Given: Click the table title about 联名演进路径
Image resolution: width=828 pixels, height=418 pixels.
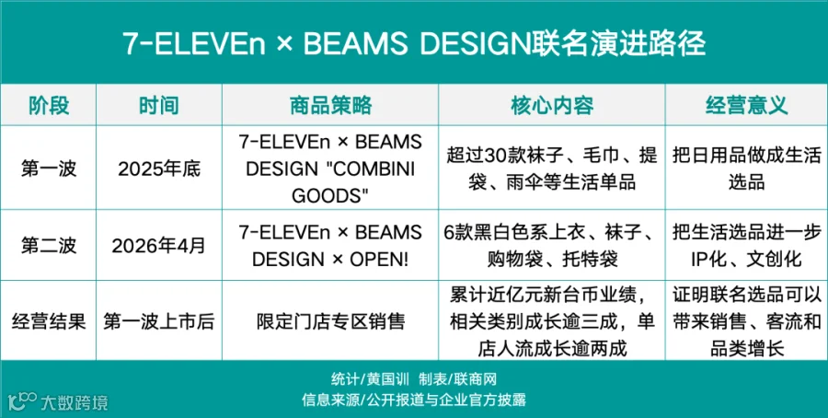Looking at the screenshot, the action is pyautogui.click(x=414, y=44).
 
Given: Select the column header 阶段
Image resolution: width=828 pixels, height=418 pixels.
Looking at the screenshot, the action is pyautogui.click(x=48, y=106).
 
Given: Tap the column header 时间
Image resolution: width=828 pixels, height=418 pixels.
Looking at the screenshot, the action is pyautogui.click(x=159, y=106).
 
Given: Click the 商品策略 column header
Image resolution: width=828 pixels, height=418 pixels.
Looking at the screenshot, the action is pyautogui.click(x=330, y=106).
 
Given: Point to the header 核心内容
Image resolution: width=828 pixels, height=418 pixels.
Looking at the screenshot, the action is pyautogui.click(x=552, y=106).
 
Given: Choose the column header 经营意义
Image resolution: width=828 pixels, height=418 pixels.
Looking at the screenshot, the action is pyautogui.click(x=746, y=106).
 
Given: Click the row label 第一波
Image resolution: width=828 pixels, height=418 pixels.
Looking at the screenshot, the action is pyautogui.click(x=49, y=168).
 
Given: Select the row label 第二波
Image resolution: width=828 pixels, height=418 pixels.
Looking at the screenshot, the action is pyautogui.click(x=49, y=246).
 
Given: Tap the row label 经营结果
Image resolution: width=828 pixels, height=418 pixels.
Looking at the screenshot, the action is pyautogui.click(x=49, y=321).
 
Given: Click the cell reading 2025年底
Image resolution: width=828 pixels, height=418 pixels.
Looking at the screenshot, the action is pyautogui.click(x=159, y=168).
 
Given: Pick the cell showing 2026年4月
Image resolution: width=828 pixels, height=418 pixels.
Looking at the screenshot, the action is pyautogui.click(x=159, y=246).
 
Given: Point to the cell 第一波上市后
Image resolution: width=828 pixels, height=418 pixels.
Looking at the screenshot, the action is pyautogui.click(x=159, y=321).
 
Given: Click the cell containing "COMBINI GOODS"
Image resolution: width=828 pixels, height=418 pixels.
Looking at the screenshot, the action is pyautogui.click(x=330, y=168).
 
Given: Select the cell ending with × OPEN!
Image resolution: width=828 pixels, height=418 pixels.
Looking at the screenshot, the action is pyautogui.click(x=330, y=246).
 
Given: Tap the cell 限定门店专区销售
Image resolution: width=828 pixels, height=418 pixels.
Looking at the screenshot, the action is pyautogui.click(x=330, y=321).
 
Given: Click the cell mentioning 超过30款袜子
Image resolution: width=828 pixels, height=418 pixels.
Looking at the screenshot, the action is pyautogui.click(x=552, y=168).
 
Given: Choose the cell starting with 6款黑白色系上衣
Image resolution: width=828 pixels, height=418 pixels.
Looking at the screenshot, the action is pyautogui.click(x=552, y=246).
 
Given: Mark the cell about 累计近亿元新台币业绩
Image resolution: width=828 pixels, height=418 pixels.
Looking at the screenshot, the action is pyautogui.click(x=552, y=321).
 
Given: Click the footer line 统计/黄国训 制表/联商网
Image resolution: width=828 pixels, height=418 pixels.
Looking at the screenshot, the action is pyautogui.click(x=414, y=379).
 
